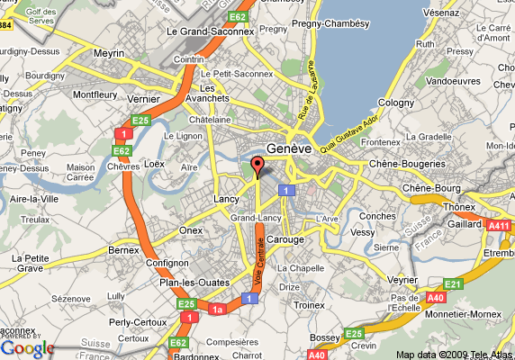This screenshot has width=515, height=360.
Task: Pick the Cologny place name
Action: (394, 103)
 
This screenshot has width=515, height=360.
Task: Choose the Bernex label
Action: (123, 248)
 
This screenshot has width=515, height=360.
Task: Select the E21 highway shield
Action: (452, 284)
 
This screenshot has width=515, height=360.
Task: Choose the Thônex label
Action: (460, 205)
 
